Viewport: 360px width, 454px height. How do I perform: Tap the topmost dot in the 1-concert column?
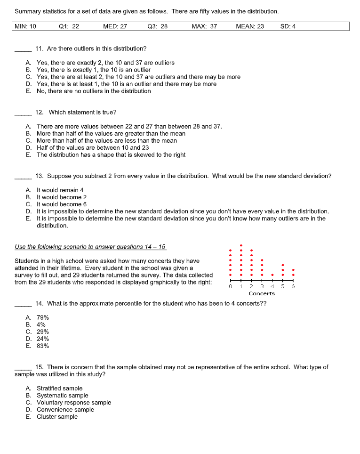click(241, 245)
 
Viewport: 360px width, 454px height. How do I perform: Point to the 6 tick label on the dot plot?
click(293, 286)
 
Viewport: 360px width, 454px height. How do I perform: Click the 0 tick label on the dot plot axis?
click(230, 286)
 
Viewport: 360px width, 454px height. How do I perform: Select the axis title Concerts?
click(262, 293)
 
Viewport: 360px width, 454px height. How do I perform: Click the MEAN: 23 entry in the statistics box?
click(249, 26)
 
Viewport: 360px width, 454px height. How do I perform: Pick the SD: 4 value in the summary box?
click(288, 26)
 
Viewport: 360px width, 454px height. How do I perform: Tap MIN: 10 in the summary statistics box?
click(25, 26)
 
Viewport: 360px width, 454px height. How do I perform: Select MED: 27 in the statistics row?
click(115, 26)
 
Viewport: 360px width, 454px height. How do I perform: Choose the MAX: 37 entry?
click(204, 26)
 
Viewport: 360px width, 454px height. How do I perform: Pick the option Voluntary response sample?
click(74, 403)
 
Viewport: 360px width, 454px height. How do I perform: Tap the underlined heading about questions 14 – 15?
click(90, 247)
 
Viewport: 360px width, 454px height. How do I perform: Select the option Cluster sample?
click(57, 417)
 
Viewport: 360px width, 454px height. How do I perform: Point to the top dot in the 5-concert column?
click(283, 265)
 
